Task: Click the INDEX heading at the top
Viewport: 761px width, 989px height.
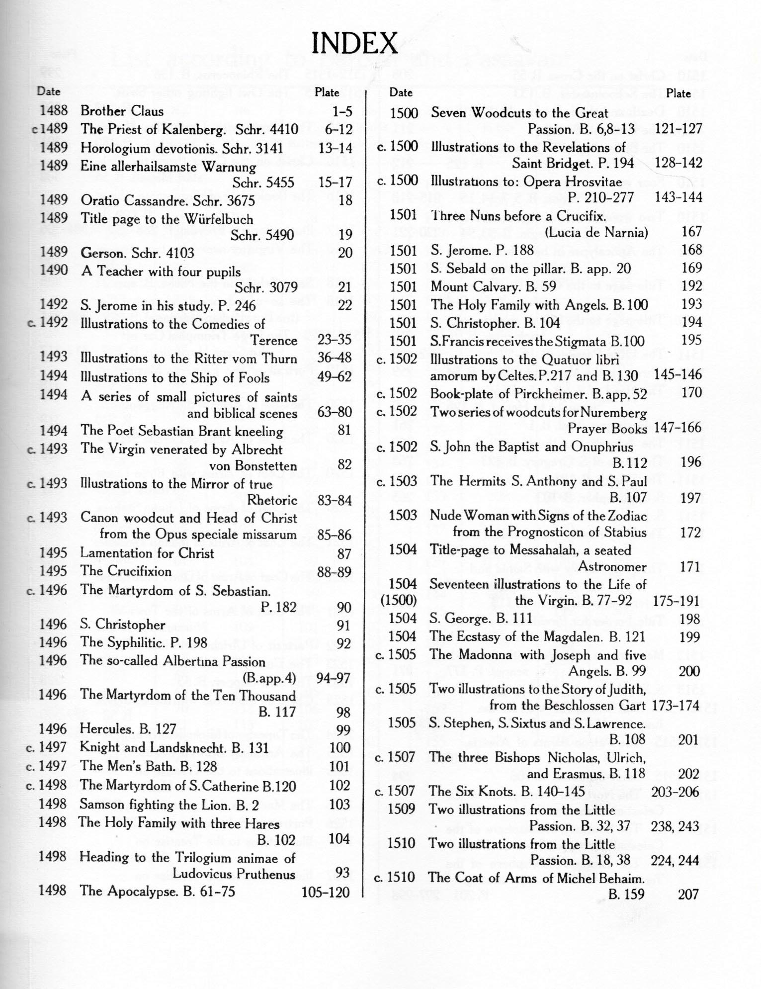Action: pyautogui.click(x=354, y=44)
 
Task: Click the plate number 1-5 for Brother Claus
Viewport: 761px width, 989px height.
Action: pyautogui.click(x=342, y=111)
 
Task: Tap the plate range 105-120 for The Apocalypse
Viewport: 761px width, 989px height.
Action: pyautogui.click(x=326, y=892)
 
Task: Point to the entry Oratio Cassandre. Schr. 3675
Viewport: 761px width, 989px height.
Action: pyautogui.click(x=168, y=200)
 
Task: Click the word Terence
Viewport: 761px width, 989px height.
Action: pyautogui.click(x=274, y=341)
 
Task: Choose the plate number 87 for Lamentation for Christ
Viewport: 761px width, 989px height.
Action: pyautogui.click(x=344, y=554)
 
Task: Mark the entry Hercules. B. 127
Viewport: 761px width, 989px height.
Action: pyautogui.click(x=128, y=728)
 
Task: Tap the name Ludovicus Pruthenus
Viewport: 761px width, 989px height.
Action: pyautogui.click(x=234, y=874)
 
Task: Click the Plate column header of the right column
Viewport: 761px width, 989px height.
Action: pyautogui.click(x=678, y=93)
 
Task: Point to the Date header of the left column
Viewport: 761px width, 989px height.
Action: pyautogui.click(x=49, y=91)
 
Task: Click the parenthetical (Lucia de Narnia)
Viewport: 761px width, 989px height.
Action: pyautogui.click(x=596, y=232)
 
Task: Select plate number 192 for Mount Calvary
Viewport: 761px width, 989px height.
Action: pyautogui.click(x=691, y=286)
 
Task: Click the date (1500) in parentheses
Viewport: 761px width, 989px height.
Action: pyautogui.click(x=398, y=600)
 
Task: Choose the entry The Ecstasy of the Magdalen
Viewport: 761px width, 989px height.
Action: pyautogui.click(x=537, y=636)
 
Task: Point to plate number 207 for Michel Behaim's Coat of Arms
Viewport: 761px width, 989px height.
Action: pyautogui.click(x=688, y=895)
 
